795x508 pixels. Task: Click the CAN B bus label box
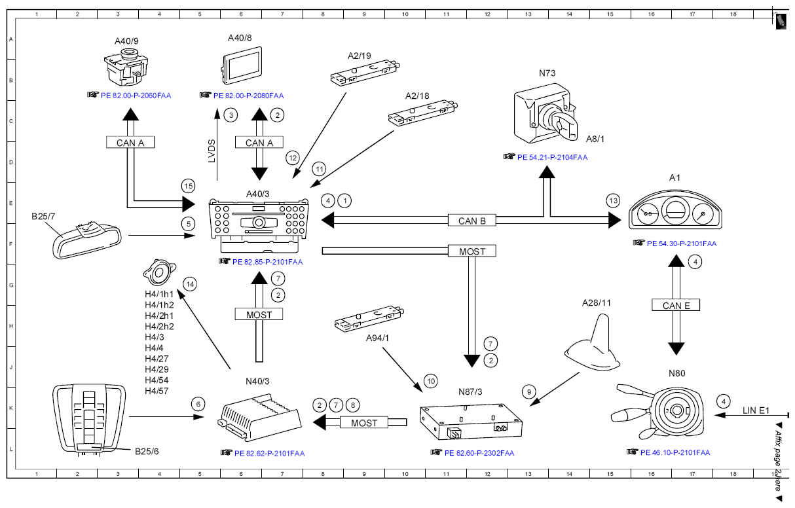(471, 221)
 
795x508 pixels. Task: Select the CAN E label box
(676, 305)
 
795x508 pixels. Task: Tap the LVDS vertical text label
(212, 151)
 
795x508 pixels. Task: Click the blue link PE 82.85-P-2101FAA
(267, 262)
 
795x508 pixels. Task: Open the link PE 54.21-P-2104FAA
(552, 158)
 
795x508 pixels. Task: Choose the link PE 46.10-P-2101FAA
(675, 452)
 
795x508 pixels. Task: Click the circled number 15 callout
(188, 186)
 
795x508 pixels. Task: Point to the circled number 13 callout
(614, 201)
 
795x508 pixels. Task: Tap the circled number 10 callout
(431, 382)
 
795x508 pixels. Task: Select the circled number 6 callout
(198, 404)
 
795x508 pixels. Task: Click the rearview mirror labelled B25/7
(87, 240)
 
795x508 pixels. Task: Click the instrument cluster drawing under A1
(675, 210)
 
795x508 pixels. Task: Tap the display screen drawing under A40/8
(242, 65)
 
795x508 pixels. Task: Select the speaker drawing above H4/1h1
(159, 272)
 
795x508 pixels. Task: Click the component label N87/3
(470, 391)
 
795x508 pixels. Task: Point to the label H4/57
(157, 391)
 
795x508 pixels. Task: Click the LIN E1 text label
(756, 410)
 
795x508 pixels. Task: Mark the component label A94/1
(377, 338)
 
